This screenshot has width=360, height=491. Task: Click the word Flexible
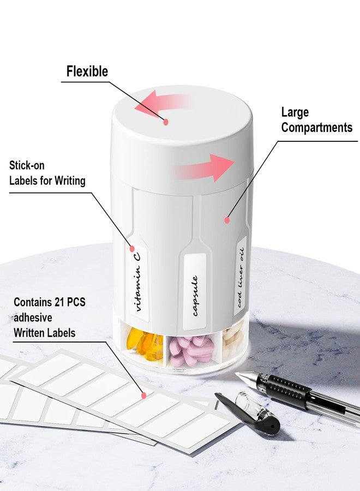[x=87, y=71]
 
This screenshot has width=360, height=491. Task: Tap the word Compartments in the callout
[x=316, y=128]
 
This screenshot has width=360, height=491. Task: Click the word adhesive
[x=33, y=318]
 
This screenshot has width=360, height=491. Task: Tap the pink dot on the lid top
[x=166, y=122]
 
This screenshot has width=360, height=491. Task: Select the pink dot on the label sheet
[x=144, y=395]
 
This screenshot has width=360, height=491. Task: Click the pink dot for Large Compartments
[x=227, y=220]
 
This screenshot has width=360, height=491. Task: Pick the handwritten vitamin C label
[x=137, y=282]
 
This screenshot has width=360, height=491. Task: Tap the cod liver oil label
[x=241, y=276]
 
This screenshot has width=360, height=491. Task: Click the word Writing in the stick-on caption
[x=70, y=181]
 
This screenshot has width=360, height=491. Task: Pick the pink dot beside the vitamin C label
[x=132, y=249]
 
